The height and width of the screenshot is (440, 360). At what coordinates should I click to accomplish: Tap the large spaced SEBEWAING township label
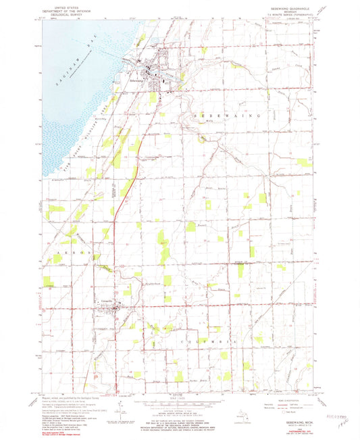click(x=230, y=116)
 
